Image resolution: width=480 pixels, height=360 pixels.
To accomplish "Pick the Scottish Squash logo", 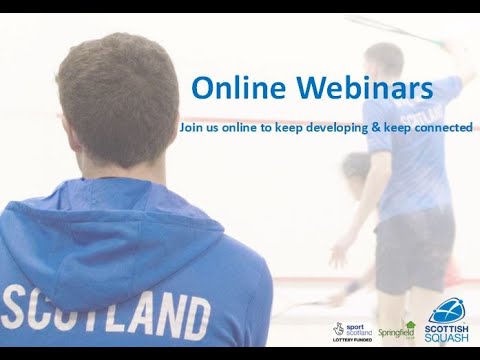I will point(448,326).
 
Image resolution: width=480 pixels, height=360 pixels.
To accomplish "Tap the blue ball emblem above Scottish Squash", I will point(447,311).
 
